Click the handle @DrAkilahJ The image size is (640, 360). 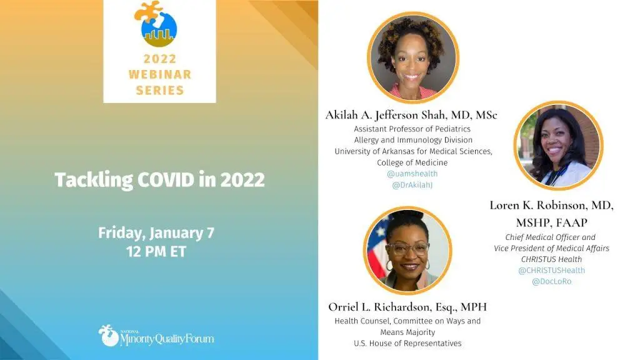pos(412,185)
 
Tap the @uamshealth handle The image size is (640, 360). pos(412,174)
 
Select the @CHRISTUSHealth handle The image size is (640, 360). pos(551,270)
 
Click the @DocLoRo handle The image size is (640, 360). pos(551,281)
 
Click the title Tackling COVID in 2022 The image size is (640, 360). pos(159,180)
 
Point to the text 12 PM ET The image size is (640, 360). pos(156,251)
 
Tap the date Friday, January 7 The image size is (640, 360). pos(156,233)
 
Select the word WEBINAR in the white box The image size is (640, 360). pos(159,74)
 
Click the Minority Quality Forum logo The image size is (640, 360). pos(156,336)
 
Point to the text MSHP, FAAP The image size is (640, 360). pos(551,223)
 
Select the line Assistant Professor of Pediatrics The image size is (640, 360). pos(412,129)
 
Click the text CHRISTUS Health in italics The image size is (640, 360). pos(551,259)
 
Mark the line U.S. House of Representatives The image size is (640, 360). pos(407,343)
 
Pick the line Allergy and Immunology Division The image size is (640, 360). pos(413,140)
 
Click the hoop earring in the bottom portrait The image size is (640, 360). pos(389,266)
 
